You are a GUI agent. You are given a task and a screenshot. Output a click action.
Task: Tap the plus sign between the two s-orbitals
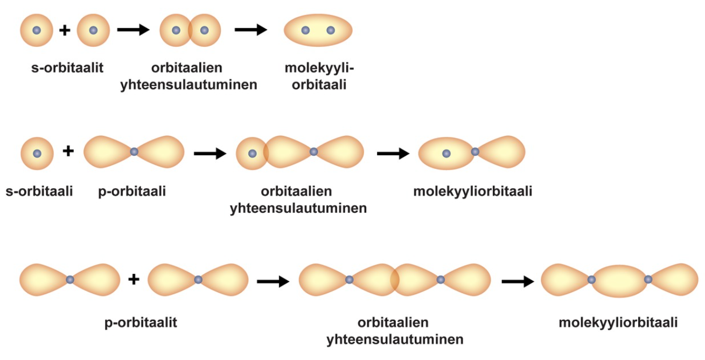65,30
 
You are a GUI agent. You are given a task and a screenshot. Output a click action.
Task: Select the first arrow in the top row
133,30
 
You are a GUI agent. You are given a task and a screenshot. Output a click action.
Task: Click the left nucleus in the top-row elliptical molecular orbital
305,30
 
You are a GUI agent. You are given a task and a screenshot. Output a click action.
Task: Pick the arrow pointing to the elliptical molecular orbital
250,30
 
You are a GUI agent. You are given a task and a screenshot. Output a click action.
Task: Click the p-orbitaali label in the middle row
132,191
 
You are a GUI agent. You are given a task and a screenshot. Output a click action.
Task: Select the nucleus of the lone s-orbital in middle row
37,154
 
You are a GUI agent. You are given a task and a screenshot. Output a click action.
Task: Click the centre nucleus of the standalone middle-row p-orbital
134,152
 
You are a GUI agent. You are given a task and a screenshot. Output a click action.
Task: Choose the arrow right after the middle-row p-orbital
210,154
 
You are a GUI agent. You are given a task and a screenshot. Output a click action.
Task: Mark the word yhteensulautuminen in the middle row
298,208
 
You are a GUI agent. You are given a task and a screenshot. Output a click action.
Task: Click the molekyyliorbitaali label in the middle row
473,191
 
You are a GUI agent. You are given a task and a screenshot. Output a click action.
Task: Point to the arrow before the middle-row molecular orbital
393,154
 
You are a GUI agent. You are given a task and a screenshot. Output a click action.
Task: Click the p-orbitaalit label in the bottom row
141,323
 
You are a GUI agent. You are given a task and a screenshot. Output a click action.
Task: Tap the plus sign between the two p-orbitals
134,279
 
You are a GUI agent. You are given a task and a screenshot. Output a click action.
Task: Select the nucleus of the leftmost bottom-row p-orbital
70,280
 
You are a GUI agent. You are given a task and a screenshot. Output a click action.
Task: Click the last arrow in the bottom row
518,281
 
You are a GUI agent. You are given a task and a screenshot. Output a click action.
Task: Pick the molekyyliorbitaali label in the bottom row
618,323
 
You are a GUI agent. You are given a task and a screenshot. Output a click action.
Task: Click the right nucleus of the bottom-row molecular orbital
648,280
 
